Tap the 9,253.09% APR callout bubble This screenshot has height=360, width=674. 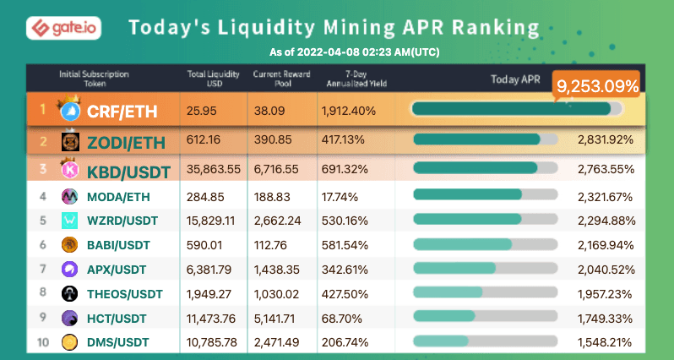click(595, 85)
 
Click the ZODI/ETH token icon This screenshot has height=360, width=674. click(71, 141)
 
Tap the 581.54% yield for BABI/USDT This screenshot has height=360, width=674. click(344, 245)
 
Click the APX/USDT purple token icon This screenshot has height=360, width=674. click(71, 270)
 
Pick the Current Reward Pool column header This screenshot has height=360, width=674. click(278, 79)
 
